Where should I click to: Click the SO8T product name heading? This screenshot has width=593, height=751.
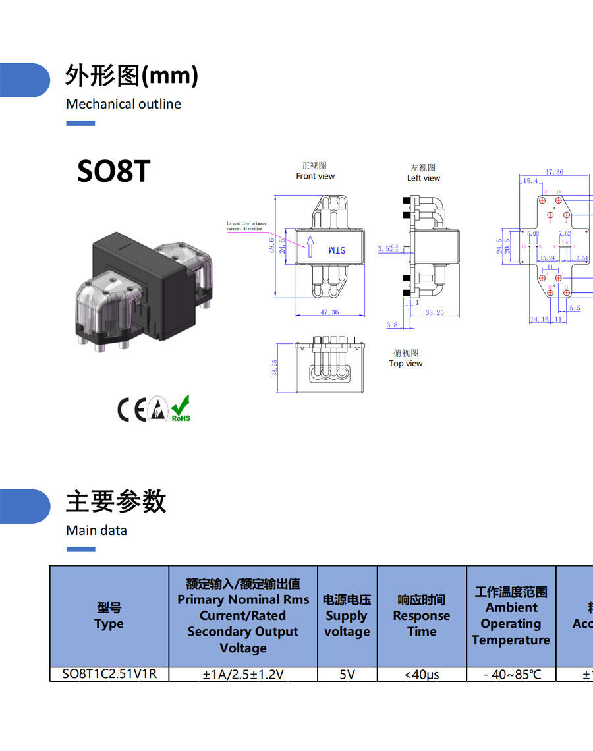point(113,171)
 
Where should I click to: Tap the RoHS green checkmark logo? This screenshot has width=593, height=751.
point(181,409)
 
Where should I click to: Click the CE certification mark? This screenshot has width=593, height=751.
point(131,410)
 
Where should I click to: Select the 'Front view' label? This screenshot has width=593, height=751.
point(315,176)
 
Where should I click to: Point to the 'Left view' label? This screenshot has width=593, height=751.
point(423,178)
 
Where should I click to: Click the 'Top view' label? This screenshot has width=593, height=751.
point(405,364)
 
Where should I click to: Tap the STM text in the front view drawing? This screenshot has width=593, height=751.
point(336,250)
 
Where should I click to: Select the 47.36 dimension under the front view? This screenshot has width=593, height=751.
point(329,312)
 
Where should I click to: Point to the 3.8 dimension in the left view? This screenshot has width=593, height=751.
point(392,325)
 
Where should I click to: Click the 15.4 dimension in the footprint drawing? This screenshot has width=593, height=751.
point(530,181)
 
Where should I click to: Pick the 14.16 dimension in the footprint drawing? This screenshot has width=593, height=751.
point(539,320)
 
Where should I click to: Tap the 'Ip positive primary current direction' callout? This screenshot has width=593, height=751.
point(246,226)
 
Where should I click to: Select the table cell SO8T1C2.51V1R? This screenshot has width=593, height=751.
point(109,674)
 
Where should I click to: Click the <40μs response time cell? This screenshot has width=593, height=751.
point(422,674)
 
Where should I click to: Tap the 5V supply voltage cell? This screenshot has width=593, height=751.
point(347,674)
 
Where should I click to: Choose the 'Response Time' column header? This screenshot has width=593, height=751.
point(422,616)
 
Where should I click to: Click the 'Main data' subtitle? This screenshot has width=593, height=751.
point(96,530)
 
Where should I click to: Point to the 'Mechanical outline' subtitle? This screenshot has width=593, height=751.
point(123,104)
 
